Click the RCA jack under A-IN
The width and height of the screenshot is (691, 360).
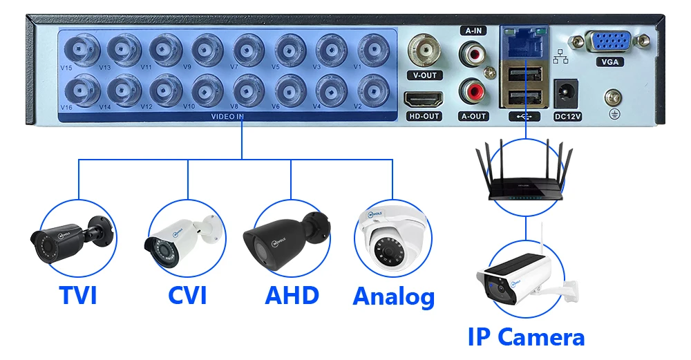pyautogui.click(x=473, y=52)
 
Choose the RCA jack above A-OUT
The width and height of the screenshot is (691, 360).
pyautogui.click(x=473, y=91)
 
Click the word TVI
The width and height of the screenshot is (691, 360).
pyautogui.click(x=77, y=295)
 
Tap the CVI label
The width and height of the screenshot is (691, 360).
pyautogui.click(x=187, y=295)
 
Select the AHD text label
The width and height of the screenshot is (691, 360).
pyautogui.click(x=292, y=295)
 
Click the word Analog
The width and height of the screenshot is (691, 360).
pyautogui.click(x=393, y=296)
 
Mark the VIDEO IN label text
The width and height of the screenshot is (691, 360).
pyautogui.click(x=227, y=116)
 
